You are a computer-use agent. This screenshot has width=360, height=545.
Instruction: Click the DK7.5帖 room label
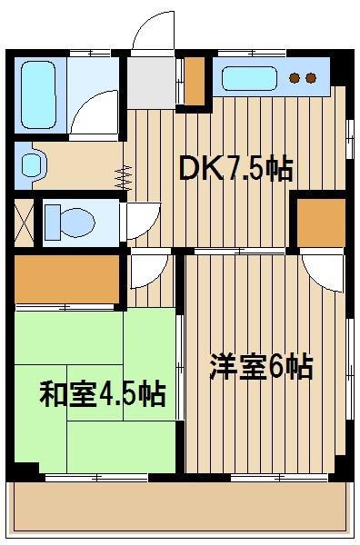coord(235,169)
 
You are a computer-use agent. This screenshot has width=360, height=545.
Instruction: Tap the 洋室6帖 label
coord(261,367)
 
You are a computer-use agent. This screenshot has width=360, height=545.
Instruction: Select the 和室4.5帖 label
coord(102,394)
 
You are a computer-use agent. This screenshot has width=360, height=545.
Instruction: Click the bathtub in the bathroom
coord(38,94)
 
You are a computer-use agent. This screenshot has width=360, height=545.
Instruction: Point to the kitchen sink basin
coord(249,78)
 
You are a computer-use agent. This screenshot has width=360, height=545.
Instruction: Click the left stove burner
coord(295,78)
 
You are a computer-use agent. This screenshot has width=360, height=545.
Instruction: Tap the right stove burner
coord(311,78)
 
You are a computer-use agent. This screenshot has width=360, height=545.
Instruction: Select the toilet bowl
coord(77,223)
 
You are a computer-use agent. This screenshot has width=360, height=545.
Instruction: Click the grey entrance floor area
coord(151,83)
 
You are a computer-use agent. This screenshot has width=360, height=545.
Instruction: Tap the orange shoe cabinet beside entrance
coord(195,81)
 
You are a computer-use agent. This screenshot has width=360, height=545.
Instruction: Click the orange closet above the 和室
coord(66,280)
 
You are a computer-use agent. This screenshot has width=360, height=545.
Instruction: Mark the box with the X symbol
coord(24,223)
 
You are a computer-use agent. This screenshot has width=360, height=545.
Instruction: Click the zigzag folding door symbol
coord(124,178)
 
